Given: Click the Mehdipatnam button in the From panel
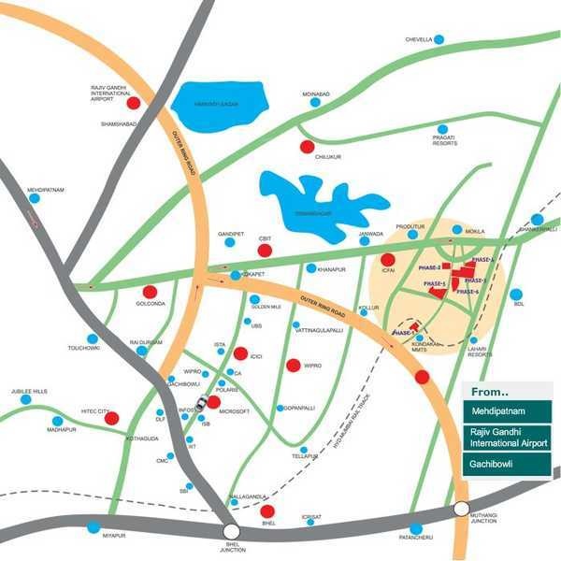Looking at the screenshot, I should tap(506, 410).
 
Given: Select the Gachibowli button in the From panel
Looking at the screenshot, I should tap(506, 464).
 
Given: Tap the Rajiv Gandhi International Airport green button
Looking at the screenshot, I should tap(506, 437).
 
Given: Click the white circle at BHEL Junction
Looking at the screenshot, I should tap(231, 530).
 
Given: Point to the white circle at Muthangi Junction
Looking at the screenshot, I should tap(461, 510).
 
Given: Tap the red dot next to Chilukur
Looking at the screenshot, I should tap(307, 146).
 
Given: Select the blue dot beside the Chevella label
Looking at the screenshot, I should tap(439, 39).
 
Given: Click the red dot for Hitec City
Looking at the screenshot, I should tap(111, 418).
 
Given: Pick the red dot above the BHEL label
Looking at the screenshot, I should tap(266, 511).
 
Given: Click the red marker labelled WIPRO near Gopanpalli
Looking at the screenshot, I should tap(293, 365).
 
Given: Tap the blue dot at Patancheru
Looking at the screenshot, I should tap(416, 528).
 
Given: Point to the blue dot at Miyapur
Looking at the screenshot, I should tap(93, 527).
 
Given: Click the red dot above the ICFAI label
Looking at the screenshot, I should tap(387, 260).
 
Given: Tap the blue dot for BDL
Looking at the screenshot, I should tap(516, 294).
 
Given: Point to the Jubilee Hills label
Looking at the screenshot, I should tap(29, 391).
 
